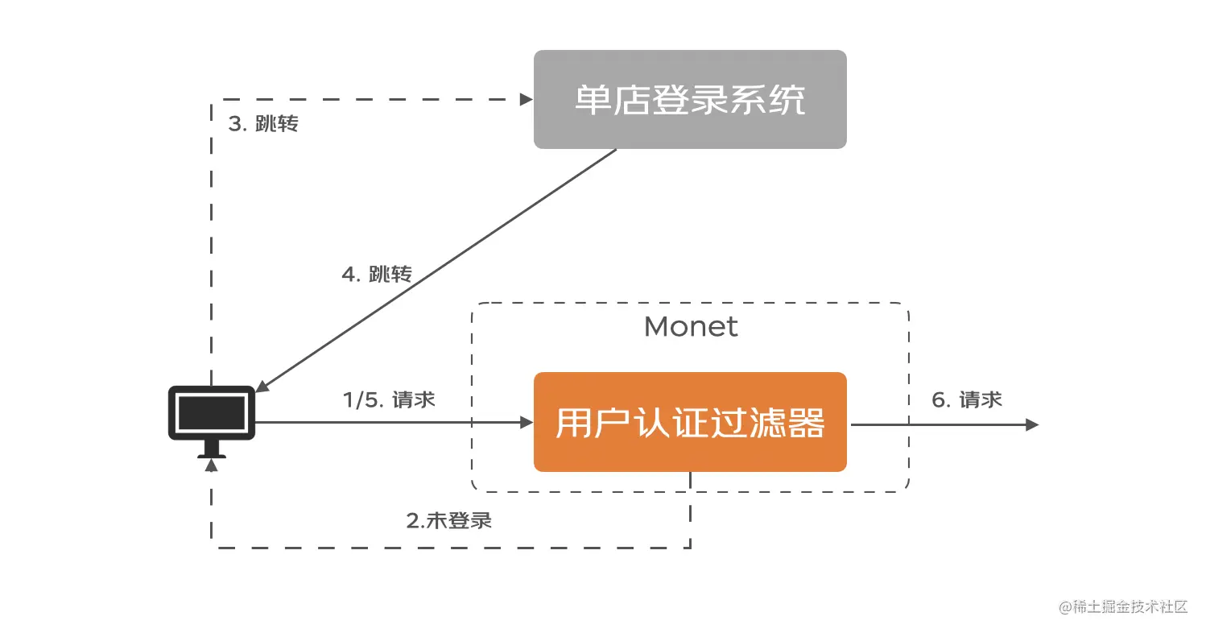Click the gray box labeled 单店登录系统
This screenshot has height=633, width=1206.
point(690,99)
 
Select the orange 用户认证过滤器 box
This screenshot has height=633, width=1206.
point(690,422)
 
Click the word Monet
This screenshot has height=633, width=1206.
point(691,327)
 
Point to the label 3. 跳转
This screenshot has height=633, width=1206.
point(263,124)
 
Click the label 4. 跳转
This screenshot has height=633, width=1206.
point(377,275)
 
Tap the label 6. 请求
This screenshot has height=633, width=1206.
point(967,399)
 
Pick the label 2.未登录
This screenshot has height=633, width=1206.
point(448,520)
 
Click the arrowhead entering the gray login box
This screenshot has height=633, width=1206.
point(527,100)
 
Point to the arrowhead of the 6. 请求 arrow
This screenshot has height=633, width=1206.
point(1032,424)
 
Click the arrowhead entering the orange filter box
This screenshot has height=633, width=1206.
point(527,422)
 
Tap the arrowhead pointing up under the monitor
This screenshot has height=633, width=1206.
point(212,465)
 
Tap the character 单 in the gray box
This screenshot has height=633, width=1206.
point(593,100)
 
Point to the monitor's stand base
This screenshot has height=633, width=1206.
point(212,454)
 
